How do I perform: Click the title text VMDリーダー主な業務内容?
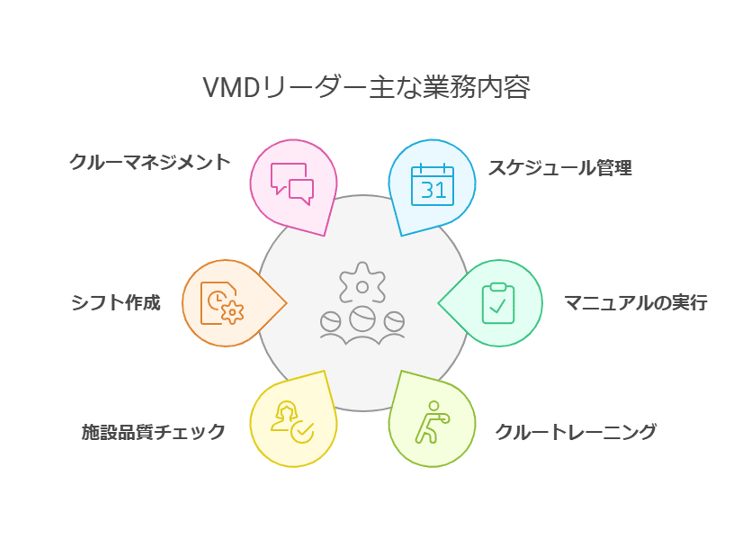click(x=366, y=87)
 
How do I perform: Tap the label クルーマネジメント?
click(x=150, y=162)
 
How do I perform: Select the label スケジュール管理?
click(x=560, y=168)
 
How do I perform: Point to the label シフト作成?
click(x=116, y=303)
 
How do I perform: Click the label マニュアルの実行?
click(x=635, y=303)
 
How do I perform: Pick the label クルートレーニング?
click(x=576, y=432)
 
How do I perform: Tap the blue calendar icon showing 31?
click(x=432, y=185)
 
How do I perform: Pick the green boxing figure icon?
click(x=432, y=422)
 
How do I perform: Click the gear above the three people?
click(x=362, y=284)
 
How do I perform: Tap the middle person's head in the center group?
click(x=362, y=319)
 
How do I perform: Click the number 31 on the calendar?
click(x=433, y=191)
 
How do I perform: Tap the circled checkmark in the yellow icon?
click(x=302, y=432)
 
